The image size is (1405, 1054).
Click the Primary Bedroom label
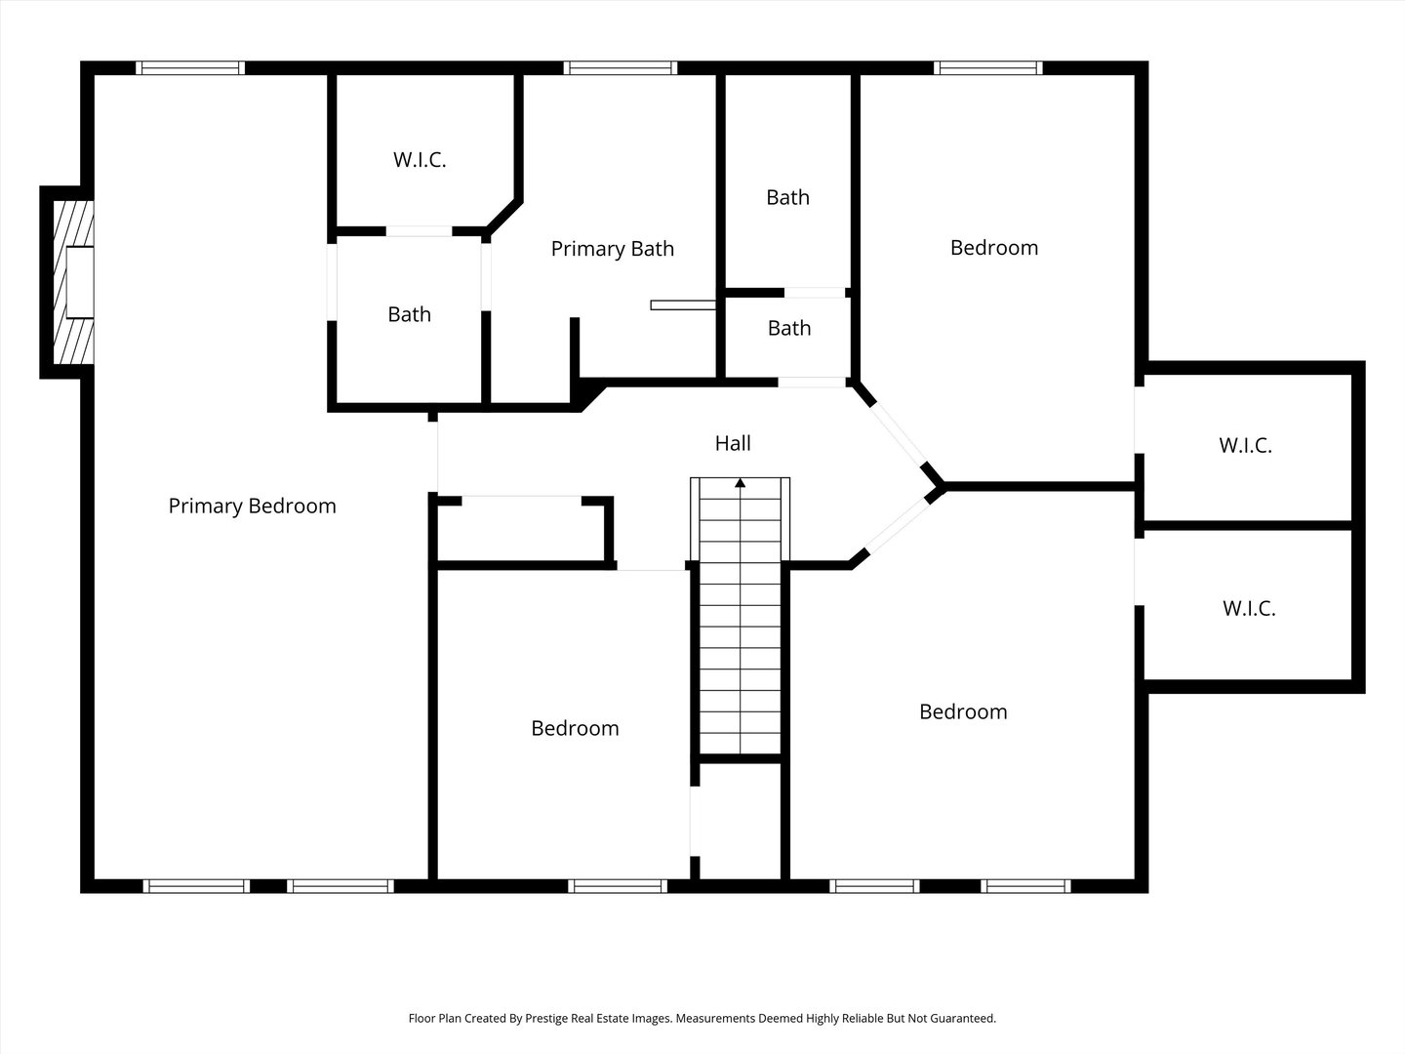click(252, 507)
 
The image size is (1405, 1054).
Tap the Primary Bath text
click(613, 248)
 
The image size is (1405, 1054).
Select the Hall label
click(733, 443)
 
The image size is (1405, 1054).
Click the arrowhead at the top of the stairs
click(740, 483)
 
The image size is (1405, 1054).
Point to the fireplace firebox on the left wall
click(80, 282)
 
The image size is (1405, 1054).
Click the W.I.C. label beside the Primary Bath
click(420, 159)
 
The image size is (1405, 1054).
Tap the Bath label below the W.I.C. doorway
click(410, 314)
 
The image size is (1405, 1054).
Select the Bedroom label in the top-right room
click(994, 248)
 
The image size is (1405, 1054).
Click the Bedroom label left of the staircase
click(575, 728)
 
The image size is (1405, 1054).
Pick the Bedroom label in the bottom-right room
click(963, 711)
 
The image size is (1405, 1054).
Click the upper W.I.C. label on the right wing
click(1246, 445)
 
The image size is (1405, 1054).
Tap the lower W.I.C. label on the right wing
click(1250, 608)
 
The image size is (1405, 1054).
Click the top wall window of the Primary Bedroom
click(190, 68)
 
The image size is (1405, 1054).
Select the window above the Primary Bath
click(621, 68)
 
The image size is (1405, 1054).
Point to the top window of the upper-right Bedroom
click(988, 68)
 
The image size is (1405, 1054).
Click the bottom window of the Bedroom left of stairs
click(618, 886)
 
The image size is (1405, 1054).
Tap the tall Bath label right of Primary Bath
click(788, 197)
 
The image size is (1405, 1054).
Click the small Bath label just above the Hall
click(789, 328)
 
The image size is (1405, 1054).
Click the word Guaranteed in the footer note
click(963, 1018)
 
